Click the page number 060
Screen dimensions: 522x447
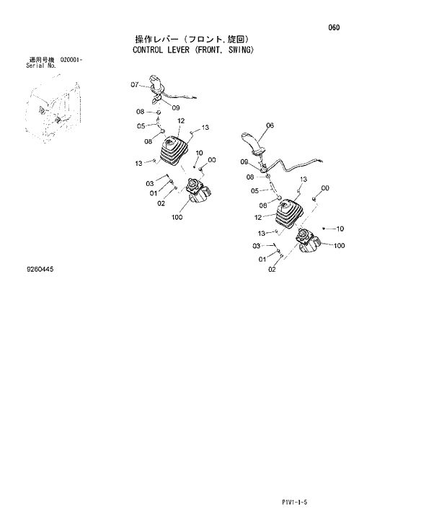click(x=333, y=28)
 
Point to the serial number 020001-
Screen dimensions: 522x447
click(x=71, y=60)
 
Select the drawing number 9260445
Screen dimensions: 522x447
click(x=40, y=269)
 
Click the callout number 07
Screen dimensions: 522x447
click(x=134, y=85)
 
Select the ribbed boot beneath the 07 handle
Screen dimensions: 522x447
click(x=172, y=151)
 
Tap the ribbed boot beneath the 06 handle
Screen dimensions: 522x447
click(x=289, y=213)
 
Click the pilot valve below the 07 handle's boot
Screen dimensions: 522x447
click(x=196, y=192)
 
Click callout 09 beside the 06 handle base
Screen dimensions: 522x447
click(x=244, y=162)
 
